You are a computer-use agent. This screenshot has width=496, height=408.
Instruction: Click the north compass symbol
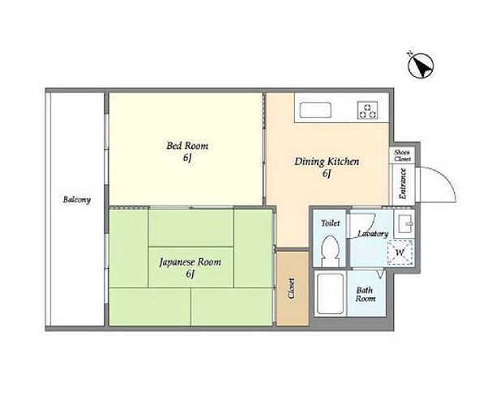click(421, 66)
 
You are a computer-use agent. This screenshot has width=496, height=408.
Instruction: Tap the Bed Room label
click(187, 146)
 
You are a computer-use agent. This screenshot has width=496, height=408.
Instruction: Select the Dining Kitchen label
click(327, 161)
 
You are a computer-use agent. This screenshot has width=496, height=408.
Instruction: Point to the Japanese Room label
click(190, 262)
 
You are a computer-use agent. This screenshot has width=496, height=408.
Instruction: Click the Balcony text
click(77, 199)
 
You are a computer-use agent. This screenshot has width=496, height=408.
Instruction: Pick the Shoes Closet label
click(402, 155)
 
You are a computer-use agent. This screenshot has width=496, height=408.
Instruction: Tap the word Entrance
click(403, 184)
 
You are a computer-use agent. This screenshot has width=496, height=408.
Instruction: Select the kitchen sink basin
click(315, 110)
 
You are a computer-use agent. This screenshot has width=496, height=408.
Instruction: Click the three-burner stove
click(368, 110)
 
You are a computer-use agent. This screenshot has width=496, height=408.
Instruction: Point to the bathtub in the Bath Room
click(330, 294)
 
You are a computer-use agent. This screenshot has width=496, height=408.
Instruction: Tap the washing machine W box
click(400, 253)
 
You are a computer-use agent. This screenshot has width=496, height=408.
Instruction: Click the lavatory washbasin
click(405, 223)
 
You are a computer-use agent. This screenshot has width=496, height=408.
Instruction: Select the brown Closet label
click(292, 288)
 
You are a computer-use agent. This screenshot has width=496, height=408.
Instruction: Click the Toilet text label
click(330, 223)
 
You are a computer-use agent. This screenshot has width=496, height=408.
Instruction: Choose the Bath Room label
click(365, 295)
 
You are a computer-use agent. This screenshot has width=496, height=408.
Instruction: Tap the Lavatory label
click(373, 234)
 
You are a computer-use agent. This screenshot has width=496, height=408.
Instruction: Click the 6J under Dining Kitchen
click(327, 174)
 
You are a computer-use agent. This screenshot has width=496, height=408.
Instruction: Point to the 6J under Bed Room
click(187, 158)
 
